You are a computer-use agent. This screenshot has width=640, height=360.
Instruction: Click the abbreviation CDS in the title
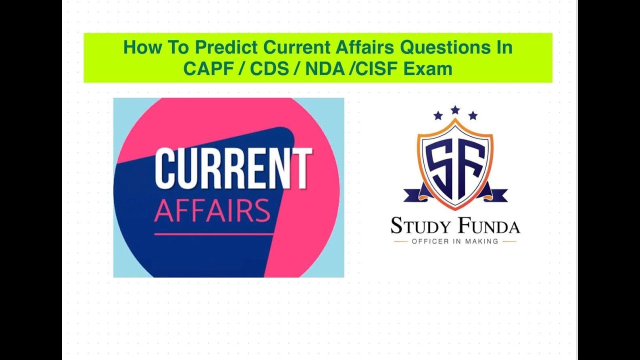tap(269, 68)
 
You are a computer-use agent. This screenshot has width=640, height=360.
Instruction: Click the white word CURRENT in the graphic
tap(233, 168)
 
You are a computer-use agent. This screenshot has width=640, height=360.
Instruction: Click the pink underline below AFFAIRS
tap(213, 233)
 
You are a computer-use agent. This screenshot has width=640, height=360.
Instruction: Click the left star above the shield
tap(438, 116)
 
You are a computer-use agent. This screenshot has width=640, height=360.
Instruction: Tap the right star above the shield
tap(472, 116)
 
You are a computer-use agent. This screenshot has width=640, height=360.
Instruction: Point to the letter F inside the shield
tap(470, 162)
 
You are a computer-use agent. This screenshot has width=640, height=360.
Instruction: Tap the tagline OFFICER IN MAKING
tap(454, 241)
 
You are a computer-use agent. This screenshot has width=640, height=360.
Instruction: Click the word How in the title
tap(139, 48)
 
